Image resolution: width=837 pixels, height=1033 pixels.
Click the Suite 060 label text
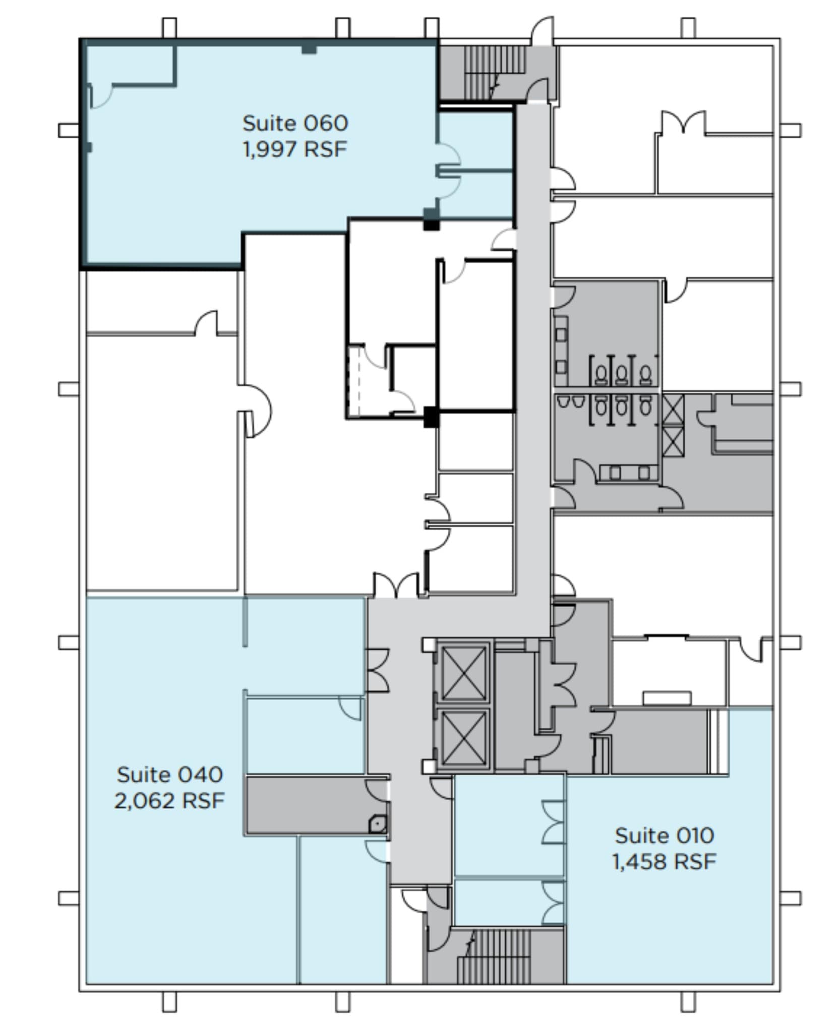point(295,124)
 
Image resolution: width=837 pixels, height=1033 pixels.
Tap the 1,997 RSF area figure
point(295,149)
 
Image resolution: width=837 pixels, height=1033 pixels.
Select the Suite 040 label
point(169,775)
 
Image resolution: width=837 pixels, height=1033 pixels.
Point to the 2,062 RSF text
point(169,800)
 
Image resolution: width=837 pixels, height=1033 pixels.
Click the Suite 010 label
point(664,836)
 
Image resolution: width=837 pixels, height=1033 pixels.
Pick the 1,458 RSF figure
point(664,862)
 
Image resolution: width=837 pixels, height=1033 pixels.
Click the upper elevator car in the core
point(463,674)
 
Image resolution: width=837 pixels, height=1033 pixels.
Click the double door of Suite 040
point(377,670)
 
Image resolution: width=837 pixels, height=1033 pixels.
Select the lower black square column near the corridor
point(431,417)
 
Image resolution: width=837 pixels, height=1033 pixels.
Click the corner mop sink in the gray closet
point(378,824)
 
